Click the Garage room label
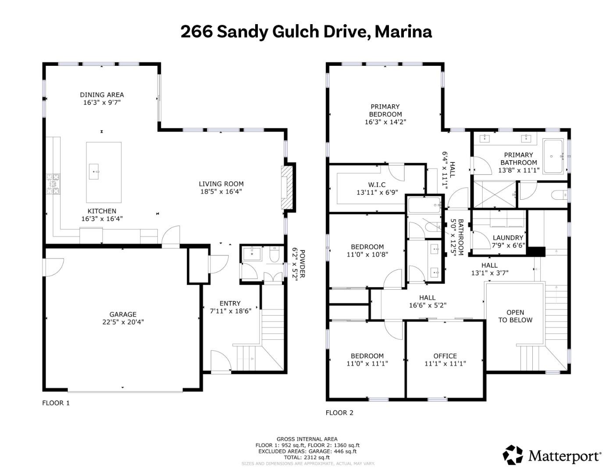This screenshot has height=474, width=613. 123,314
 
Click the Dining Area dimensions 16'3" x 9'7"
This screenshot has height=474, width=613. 102,103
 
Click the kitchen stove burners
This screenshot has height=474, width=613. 53,184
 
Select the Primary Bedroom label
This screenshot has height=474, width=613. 385,110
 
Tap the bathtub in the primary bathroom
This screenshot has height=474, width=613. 554,156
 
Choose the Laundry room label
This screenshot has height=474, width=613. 508,238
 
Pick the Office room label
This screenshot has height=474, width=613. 445,356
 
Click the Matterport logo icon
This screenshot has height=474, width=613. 513,455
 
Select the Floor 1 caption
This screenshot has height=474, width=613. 56,403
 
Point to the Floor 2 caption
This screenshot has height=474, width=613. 339,413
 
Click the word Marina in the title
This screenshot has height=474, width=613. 403,32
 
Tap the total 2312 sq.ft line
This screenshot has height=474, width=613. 307,457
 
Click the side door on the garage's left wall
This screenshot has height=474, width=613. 53,267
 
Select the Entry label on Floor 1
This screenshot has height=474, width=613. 230,303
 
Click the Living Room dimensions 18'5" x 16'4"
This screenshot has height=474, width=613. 221,191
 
